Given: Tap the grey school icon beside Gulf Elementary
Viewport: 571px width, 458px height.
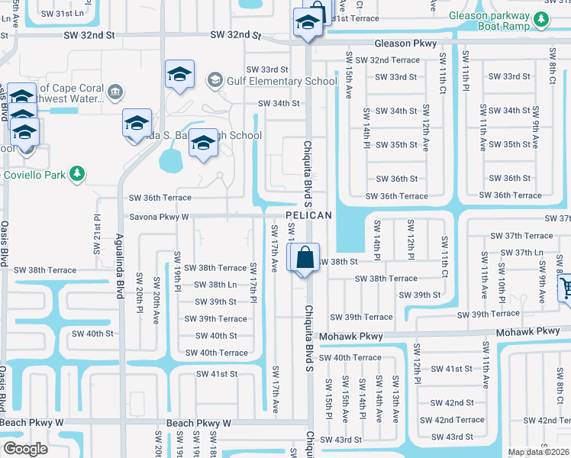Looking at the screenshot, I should [215, 80].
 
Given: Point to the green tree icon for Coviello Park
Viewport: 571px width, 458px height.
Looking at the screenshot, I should [76, 174].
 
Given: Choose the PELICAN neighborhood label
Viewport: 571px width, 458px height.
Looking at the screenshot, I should [309, 216].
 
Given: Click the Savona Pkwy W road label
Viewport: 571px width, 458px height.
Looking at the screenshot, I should [159, 217].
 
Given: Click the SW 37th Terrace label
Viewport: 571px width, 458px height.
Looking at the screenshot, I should [522, 236].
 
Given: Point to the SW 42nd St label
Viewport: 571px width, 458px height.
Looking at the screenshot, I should [452, 402].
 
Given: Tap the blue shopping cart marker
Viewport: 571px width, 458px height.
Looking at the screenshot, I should [566, 289].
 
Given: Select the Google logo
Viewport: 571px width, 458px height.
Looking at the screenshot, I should [25, 449].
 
